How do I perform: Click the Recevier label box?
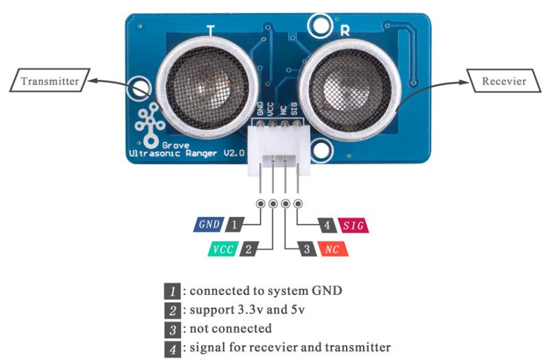point(503,81)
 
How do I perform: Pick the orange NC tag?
point(334,249)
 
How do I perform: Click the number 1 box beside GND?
point(235,224)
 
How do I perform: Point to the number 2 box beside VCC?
point(248,249)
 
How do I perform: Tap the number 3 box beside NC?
point(307,249)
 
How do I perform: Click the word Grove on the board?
point(176,145)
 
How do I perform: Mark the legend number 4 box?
point(172,348)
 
